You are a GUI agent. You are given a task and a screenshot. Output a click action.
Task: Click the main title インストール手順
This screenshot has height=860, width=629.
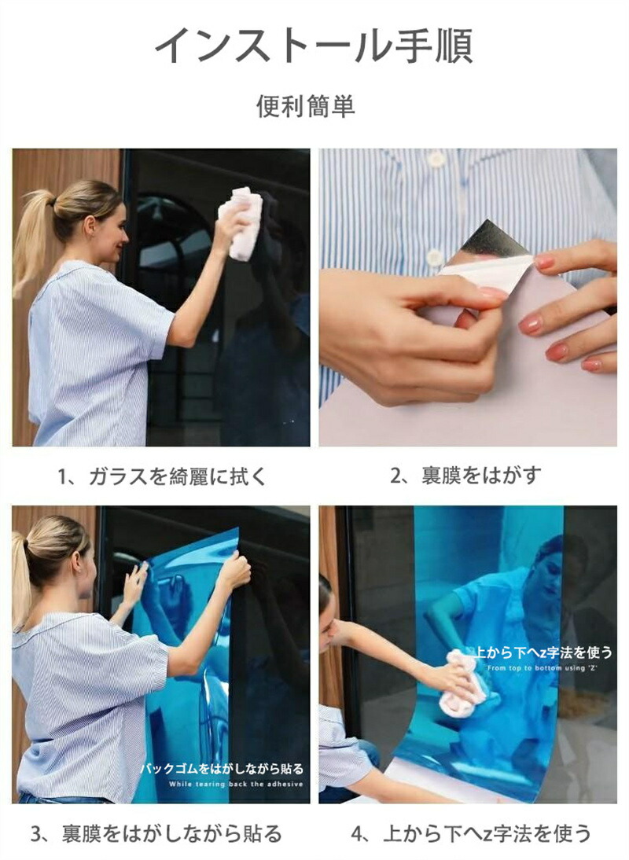tap(314, 44)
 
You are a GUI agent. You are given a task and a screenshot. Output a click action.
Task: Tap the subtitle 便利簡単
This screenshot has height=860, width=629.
tap(306, 106)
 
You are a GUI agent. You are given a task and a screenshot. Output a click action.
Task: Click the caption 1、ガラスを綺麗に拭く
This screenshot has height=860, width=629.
tap(162, 476)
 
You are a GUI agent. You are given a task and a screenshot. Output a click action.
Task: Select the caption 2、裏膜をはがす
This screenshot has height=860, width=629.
tap(465, 475)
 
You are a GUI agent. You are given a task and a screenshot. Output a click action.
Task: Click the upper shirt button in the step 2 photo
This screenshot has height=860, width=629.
tap(436, 159)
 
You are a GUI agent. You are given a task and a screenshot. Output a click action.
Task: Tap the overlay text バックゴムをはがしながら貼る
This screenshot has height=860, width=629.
tap(222, 769)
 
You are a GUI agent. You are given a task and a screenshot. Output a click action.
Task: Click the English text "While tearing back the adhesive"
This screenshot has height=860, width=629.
tap(236, 785)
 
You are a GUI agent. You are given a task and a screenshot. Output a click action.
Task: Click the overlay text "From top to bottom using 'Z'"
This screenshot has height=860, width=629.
tap(542, 668)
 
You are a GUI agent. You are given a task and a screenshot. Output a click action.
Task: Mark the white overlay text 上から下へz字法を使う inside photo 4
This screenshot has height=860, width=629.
tap(542, 652)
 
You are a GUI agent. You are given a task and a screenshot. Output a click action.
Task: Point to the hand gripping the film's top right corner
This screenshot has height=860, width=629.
tap(235, 571)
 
